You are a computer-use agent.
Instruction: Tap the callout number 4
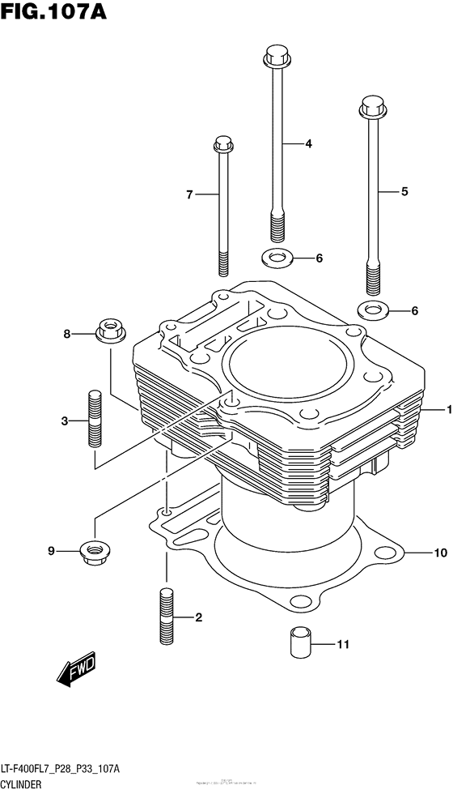click(308, 144)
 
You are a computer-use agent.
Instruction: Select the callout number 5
click(404, 192)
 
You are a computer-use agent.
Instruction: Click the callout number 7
click(189, 194)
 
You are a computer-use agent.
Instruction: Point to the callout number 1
click(447, 410)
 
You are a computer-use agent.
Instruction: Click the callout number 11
click(343, 645)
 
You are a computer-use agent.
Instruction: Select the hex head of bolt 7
click(223, 146)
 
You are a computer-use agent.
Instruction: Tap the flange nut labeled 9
click(92, 552)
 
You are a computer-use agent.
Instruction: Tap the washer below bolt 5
click(371, 310)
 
